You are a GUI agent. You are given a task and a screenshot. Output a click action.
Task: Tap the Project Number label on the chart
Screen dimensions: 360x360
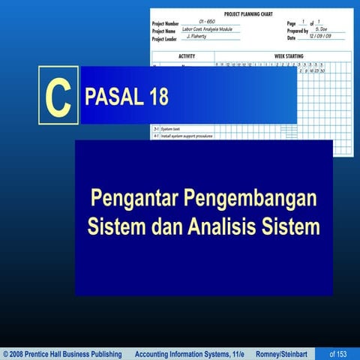(166, 22)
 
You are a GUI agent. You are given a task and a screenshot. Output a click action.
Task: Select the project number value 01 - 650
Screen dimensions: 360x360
(212, 22)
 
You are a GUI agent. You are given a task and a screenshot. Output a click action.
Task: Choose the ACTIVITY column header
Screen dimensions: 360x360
(187, 56)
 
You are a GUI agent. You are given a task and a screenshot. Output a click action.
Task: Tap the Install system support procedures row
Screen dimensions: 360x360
(187, 136)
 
